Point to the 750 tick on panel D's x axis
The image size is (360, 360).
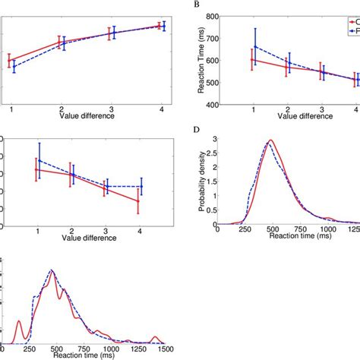coord(308,229)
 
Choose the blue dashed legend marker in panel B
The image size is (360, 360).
coord(352,31)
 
